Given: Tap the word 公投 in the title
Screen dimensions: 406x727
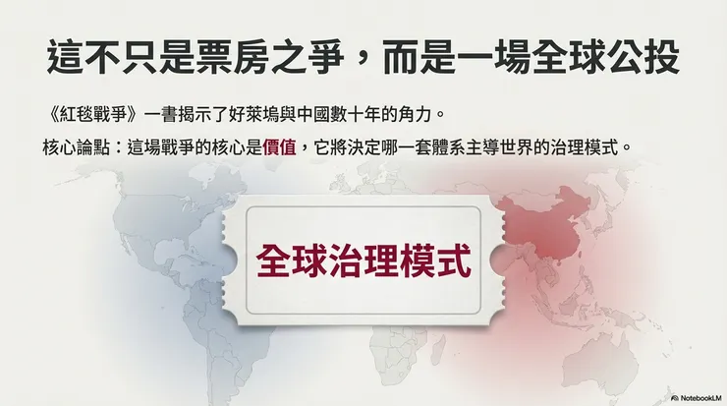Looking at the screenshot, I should click(644, 56).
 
